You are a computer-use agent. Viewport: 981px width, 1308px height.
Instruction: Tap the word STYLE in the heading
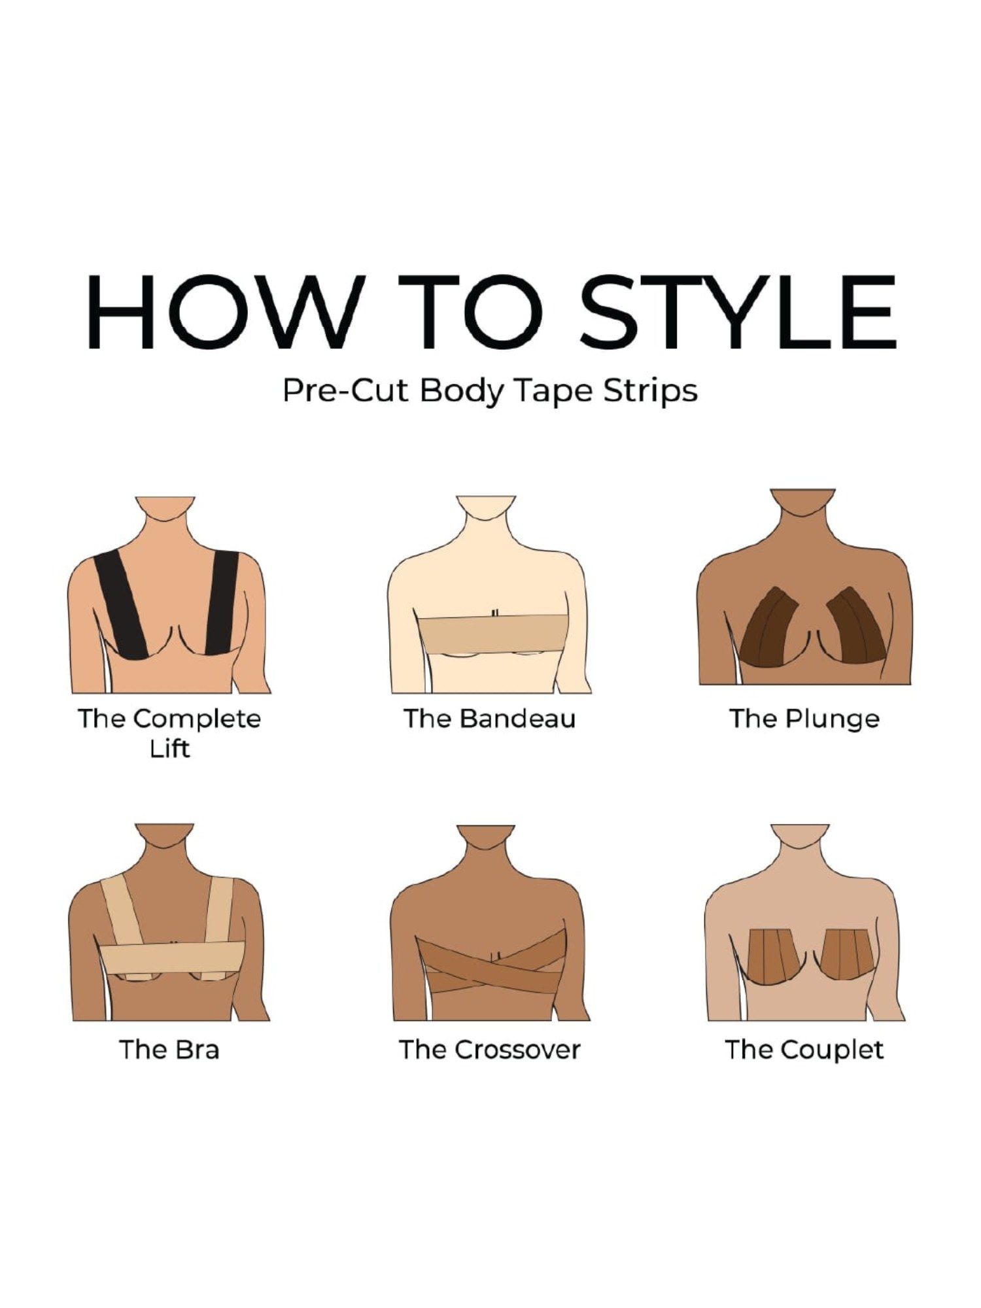(738, 312)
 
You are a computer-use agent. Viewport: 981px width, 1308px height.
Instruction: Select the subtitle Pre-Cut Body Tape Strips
(490, 391)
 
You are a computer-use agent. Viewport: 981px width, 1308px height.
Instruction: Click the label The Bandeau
(489, 718)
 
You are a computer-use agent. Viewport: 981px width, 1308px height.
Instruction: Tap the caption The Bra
(169, 1050)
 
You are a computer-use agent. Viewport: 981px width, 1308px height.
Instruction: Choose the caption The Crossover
(490, 1050)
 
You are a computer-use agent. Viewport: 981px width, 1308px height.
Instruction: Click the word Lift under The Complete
(169, 748)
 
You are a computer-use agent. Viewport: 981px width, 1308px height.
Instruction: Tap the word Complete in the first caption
(197, 719)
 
